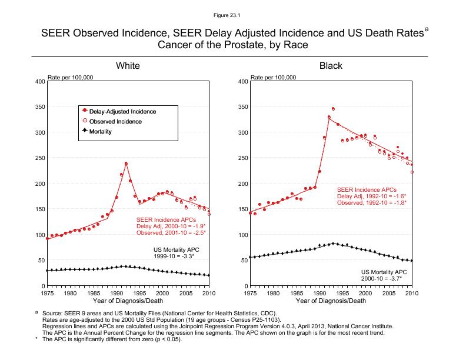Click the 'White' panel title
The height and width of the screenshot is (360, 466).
pyautogui.click(x=128, y=66)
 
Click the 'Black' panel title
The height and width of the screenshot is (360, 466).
pyautogui.click(x=331, y=66)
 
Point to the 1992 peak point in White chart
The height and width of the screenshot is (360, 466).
pyautogui.click(x=126, y=164)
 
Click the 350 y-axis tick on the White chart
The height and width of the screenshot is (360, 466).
pyautogui.click(x=40, y=107)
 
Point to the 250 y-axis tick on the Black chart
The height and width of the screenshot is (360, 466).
pyautogui.click(x=243, y=158)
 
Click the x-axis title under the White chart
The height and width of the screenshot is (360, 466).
pyautogui.click(x=128, y=301)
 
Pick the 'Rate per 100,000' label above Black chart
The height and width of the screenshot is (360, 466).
pyautogui.click(x=274, y=77)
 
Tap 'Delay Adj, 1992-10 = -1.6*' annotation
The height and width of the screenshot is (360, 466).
pyautogui.click(x=371, y=196)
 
